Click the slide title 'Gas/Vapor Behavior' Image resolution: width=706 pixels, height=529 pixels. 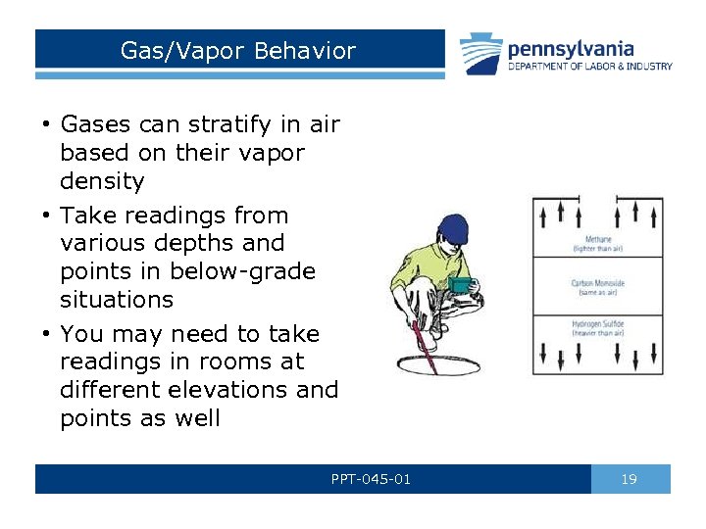(237, 51)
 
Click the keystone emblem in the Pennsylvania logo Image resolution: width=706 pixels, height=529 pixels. (483, 54)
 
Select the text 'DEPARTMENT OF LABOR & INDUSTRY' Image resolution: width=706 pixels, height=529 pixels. (589, 67)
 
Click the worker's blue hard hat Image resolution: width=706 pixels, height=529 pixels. (454, 231)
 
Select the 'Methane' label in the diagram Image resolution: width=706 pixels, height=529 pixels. (598, 240)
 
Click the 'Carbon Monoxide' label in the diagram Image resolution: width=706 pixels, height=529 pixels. (598, 283)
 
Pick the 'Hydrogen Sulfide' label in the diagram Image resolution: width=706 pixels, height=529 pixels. (598, 324)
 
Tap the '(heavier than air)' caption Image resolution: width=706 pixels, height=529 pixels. (598, 333)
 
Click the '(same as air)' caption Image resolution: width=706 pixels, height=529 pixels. (598, 292)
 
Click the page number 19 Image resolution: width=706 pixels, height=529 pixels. (630, 479)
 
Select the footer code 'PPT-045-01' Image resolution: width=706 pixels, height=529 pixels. (372, 479)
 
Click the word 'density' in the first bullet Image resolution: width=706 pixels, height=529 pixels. (102, 181)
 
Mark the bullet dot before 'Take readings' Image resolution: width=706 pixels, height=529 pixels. (46, 216)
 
